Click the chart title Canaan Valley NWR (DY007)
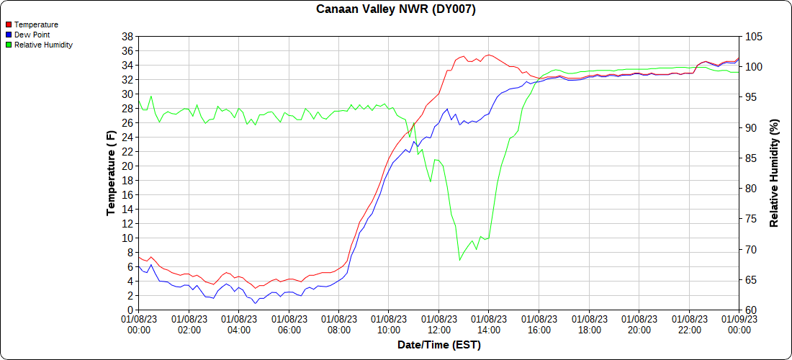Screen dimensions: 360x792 tap(396, 9)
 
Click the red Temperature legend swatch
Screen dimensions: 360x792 tap(9, 24)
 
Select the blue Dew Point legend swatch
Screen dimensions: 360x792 tap(9, 35)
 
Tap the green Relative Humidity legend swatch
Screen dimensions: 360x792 tap(9, 45)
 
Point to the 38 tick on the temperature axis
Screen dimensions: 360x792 tap(127, 36)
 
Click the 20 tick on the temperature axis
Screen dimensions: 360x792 tap(127, 166)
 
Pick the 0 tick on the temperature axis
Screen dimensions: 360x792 tap(130, 310)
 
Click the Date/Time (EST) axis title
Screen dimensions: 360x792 tap(438, 345)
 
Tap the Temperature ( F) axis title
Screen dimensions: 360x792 tap(111, 173)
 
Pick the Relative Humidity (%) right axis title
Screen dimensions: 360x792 tap(775, 173)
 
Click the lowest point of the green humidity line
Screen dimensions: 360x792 tap(459, 260)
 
